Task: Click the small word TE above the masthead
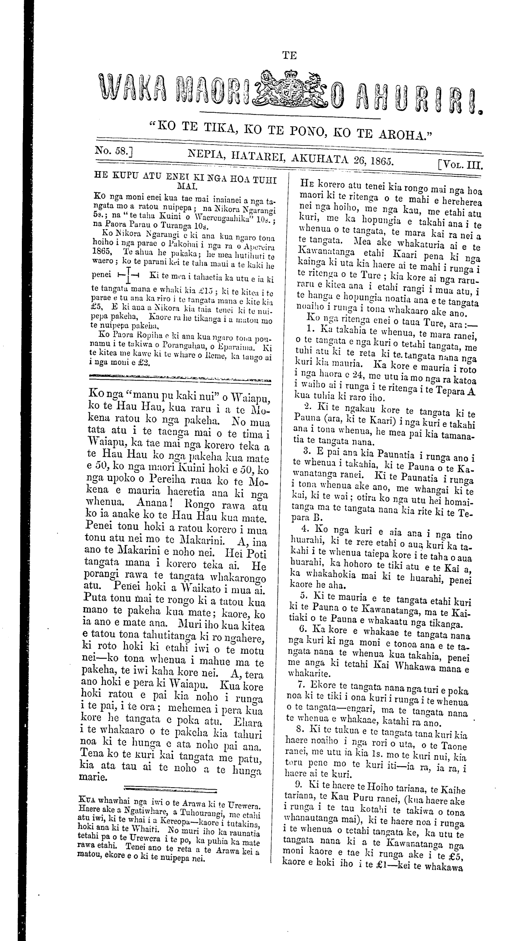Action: [x=289, y=56]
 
